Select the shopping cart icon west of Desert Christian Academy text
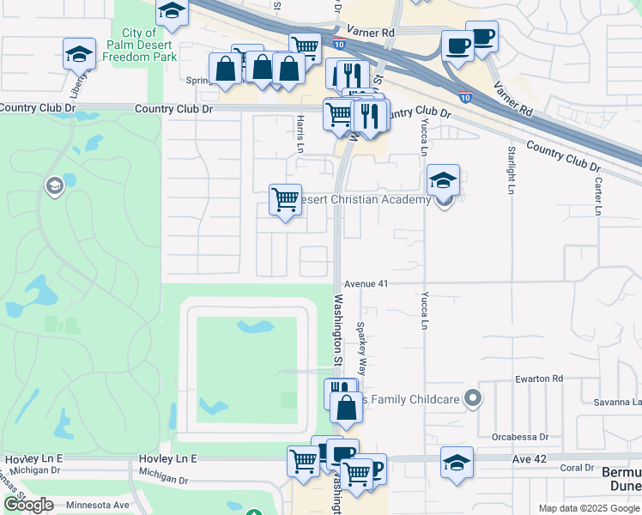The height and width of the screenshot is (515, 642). [x=285, y=200]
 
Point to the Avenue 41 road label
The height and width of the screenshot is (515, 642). [x=372, y=283]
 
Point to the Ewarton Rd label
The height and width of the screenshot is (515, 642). [x=539, y=379]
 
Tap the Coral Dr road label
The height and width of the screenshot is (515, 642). [x=576, y=468]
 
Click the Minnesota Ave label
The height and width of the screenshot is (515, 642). [x=98, y=505]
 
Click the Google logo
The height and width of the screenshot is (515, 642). [x=28, y=505]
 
